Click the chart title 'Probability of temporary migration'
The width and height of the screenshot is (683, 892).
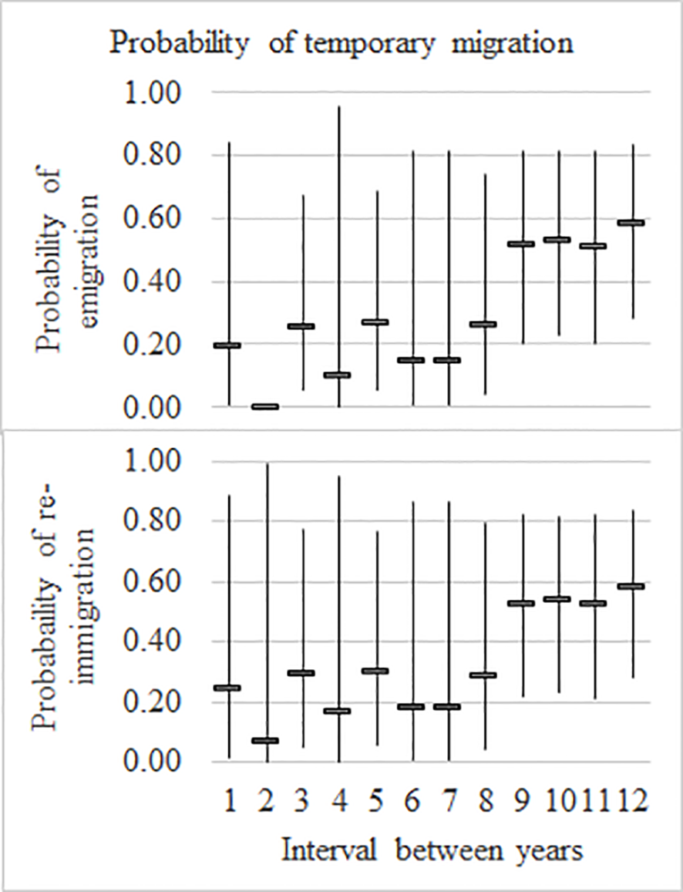tap(341, 42)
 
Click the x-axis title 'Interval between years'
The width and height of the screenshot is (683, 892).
tap(431, 850)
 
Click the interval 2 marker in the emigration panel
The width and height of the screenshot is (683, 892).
tap(265, 406)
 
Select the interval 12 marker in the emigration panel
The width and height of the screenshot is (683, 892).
tap(630, 223)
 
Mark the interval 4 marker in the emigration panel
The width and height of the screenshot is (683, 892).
tap(338, 375)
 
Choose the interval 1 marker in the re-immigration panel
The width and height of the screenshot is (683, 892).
tap(228, 688)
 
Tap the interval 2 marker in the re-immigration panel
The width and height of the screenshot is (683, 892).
tap(265, 741)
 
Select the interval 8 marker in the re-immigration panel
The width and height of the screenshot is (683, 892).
tap(484, 675)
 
